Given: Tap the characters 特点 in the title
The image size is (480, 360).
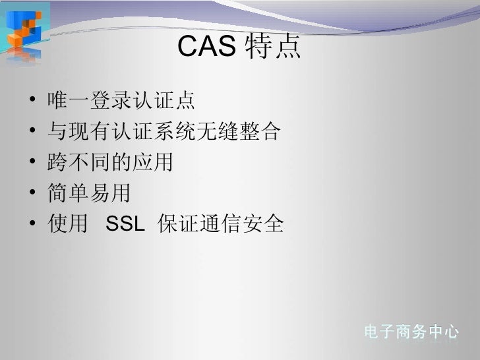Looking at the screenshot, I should pos(270,47).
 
